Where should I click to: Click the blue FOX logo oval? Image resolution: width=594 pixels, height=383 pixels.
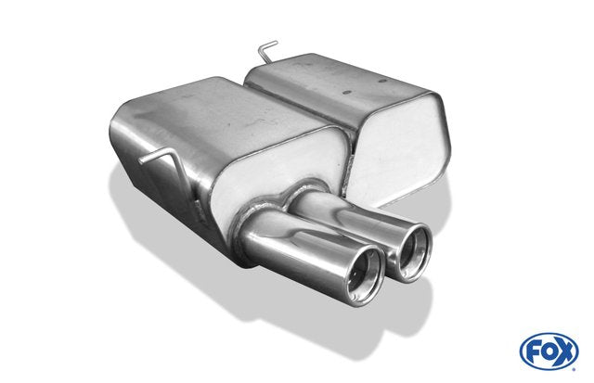[549, 351]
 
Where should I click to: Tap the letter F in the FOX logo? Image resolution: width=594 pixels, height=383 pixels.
[534, 352]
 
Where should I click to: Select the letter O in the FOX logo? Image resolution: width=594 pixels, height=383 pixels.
[549, 351]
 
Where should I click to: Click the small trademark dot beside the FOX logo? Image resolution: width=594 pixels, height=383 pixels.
[575, 368]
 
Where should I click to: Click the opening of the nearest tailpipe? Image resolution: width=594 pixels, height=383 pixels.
[365, 275]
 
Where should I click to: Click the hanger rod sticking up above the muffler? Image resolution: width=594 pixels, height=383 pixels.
[266, 52]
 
